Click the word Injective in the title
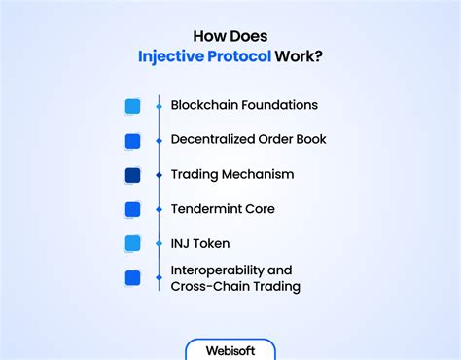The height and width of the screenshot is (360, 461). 171,56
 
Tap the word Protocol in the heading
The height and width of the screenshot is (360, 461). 239,56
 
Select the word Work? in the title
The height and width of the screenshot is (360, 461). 299,56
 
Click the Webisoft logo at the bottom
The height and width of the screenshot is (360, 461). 230,351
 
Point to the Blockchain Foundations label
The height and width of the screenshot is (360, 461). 244,105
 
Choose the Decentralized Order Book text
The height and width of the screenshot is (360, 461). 248,139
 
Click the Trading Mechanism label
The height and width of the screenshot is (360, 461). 232,174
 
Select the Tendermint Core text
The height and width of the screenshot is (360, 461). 223,209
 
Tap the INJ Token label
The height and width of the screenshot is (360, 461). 200,243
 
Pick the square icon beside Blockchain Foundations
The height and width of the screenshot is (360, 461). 132,106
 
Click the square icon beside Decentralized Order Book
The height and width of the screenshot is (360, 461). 132,141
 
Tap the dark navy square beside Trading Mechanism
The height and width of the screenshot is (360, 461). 132,175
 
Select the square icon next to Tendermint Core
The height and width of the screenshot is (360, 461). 132,209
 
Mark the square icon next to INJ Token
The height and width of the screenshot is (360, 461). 132,243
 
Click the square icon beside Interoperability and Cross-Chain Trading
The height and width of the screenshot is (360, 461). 132,278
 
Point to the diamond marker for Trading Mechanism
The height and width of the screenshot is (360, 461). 159,175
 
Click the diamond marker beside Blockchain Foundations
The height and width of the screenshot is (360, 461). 159,106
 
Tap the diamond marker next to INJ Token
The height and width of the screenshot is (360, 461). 159,243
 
